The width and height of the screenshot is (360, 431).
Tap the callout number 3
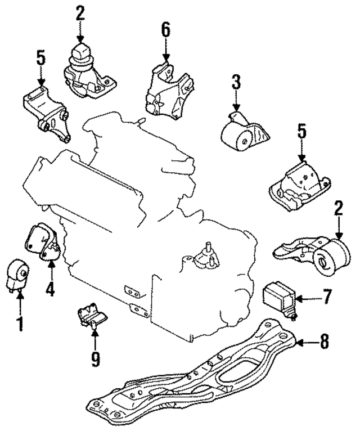pyautogui.click(x=236, y=83)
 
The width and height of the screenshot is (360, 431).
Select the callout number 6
pyautogui.click(x=166, y=30)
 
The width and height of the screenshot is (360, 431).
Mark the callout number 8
pyautogui.click(x=325, y=342)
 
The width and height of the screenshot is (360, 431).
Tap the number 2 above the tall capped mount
pyautogui.click(x=80, y=14)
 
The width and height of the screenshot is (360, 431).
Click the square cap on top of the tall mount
pyautogui.click(x=81, y=53)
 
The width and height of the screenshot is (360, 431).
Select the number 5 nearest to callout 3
pyautogui.click(x=302, y=133)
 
